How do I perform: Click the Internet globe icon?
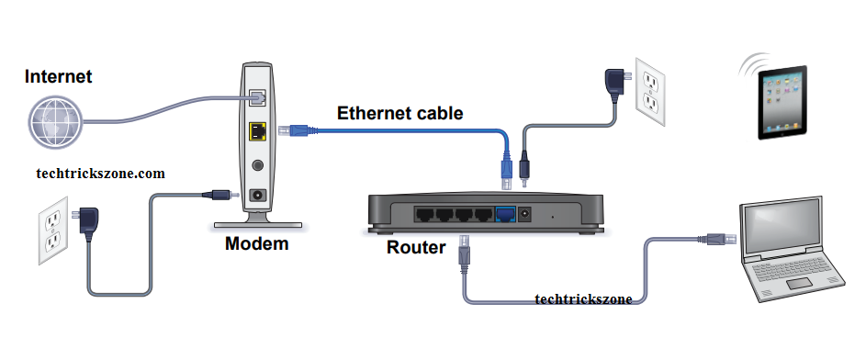coord(55,122)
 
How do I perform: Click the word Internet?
coord(58,76)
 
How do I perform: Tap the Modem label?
coord(256,243)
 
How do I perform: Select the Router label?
coord(416,247)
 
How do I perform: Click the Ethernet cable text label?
coord(399,113)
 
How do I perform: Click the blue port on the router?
coord(505,214)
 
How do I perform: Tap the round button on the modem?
coord(257,164)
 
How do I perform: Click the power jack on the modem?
coord(258,195)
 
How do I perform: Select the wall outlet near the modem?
coord(53,231)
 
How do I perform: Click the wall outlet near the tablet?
coord(649,91)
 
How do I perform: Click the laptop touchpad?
coord(799,283)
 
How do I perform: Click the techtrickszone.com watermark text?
coord(100,174)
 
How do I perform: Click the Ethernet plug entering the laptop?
coord(717,239)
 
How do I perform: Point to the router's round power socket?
coord(524,214)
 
